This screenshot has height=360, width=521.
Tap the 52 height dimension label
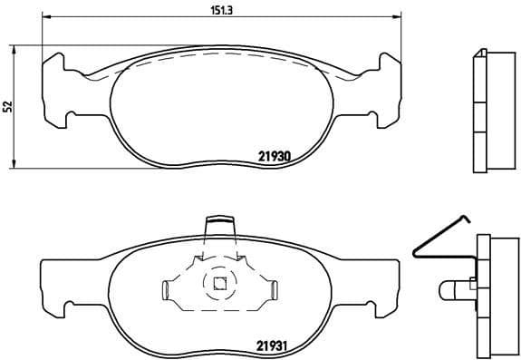coord(8,106)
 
